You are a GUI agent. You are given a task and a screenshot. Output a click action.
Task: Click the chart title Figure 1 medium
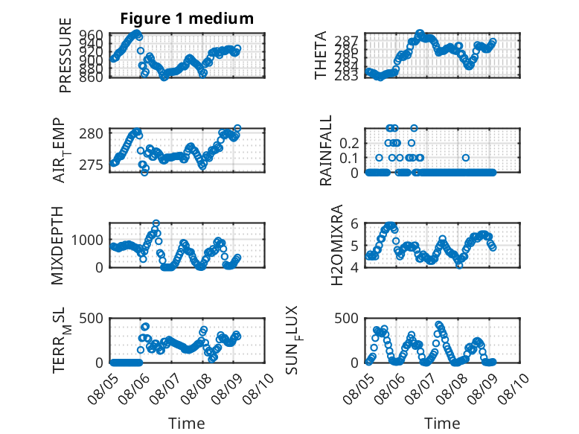[187, 18]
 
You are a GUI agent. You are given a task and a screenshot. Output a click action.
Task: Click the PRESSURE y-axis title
[65, 55]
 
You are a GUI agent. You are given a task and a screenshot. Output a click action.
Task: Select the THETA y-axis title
[321, 55]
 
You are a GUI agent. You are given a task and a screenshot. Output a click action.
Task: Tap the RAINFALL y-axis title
[326, 150]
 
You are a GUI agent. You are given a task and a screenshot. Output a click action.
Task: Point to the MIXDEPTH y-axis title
[57, 246]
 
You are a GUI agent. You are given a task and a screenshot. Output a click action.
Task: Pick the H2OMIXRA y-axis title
[337, 245]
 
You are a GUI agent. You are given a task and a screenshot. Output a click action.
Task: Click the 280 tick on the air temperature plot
[91, 133]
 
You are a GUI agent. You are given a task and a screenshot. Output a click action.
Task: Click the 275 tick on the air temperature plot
[91, 165]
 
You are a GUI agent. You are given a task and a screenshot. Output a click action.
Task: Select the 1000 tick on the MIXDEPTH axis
[87, 240]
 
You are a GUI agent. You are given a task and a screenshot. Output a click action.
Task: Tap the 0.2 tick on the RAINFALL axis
[349, 143]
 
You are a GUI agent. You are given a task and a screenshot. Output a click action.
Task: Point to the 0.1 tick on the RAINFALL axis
[349, 158]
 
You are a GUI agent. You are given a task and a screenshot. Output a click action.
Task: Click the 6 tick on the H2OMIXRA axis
[354, 223]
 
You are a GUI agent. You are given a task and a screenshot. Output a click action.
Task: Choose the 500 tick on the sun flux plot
[346, 319]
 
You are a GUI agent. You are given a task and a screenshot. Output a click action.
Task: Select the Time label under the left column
[187, 424]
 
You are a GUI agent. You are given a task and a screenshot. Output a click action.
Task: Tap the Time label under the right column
[442, 424]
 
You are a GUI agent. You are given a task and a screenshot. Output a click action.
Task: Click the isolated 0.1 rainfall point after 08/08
[466, 158]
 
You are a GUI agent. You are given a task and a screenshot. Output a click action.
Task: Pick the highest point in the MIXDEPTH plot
[156, 223]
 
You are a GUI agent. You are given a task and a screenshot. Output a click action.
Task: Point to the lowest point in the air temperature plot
[144, 172]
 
